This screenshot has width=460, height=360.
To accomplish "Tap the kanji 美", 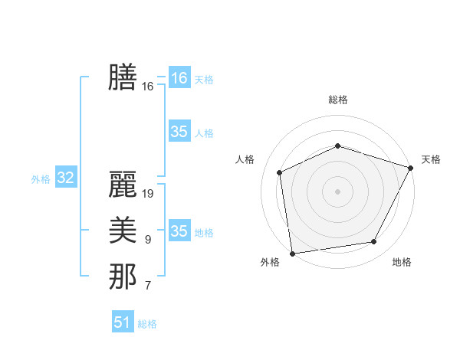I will pos(123,231).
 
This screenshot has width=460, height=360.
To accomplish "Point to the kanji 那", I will pos(123,277).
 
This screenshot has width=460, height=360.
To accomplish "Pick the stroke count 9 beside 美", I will pos(147,240).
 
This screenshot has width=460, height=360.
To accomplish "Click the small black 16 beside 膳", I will pos(148,87).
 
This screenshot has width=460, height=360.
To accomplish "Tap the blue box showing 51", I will pos(123,322).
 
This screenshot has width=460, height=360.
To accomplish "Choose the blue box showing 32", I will pos(66,178).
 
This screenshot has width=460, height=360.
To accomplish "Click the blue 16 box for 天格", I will pos(179,78).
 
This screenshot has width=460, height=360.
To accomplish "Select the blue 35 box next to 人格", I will pos(179,132).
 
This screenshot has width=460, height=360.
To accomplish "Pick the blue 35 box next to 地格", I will pos(179,231).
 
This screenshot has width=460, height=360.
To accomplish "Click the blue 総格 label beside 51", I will pos(147,324).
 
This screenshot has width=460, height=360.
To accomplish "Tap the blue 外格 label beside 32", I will pos(41,179).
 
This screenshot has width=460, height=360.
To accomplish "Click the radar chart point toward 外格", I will pos(292,254).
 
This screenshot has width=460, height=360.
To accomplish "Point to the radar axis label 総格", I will pos(338,100).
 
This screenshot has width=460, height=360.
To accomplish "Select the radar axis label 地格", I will pos(402,263).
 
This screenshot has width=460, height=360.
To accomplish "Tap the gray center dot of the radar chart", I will pos(338,191).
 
